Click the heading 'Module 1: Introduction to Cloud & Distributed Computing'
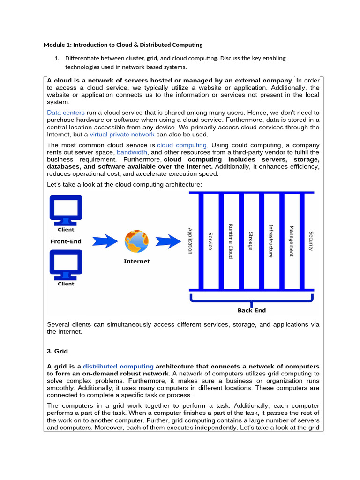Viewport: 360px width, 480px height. tap(123, 45)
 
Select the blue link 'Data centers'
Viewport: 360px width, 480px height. tap(66, 112)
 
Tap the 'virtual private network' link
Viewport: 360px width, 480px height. tap(122, 134)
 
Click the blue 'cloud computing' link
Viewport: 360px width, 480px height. tap(181, 145)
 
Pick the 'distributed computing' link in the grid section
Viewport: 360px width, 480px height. tap(118, 366)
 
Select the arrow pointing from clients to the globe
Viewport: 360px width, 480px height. tap(104, 241)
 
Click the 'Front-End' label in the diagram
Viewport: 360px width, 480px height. tap(66, 241)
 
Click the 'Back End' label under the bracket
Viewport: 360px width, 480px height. tap(252, 310)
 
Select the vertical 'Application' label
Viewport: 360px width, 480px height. tap(190, 241)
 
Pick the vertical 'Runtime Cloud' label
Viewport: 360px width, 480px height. tap(230, 241)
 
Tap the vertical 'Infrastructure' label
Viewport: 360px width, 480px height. tap(270, 241)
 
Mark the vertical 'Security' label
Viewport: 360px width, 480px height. tap(311, 241)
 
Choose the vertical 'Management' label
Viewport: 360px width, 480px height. tap(291, 241)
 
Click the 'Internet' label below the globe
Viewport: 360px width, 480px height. tap(136, 261)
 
